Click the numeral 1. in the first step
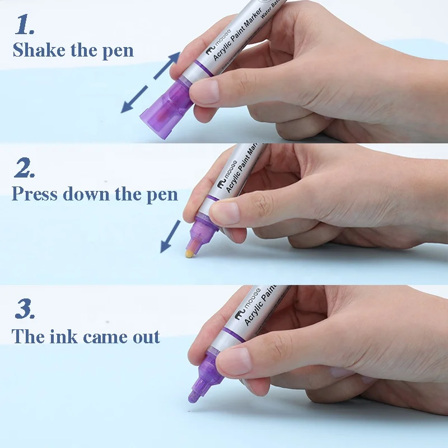click(x=25, y=25)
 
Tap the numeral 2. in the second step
click(x=25, y=167)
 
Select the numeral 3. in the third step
click(x=25, y=309)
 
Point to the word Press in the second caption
click(x=35, y=194)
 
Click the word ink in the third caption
click(x=63, y=337)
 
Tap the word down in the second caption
click(x=86, y=194)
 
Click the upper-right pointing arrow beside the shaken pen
click(x=167, y=66)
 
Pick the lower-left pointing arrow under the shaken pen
click(x=134, y=99)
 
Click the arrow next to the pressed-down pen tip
click(x=171, y=236)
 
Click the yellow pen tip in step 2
click(x=189, y=253)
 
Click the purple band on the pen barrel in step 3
click(x=233, y=335)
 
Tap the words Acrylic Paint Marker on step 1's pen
click(x=237, y=34)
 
